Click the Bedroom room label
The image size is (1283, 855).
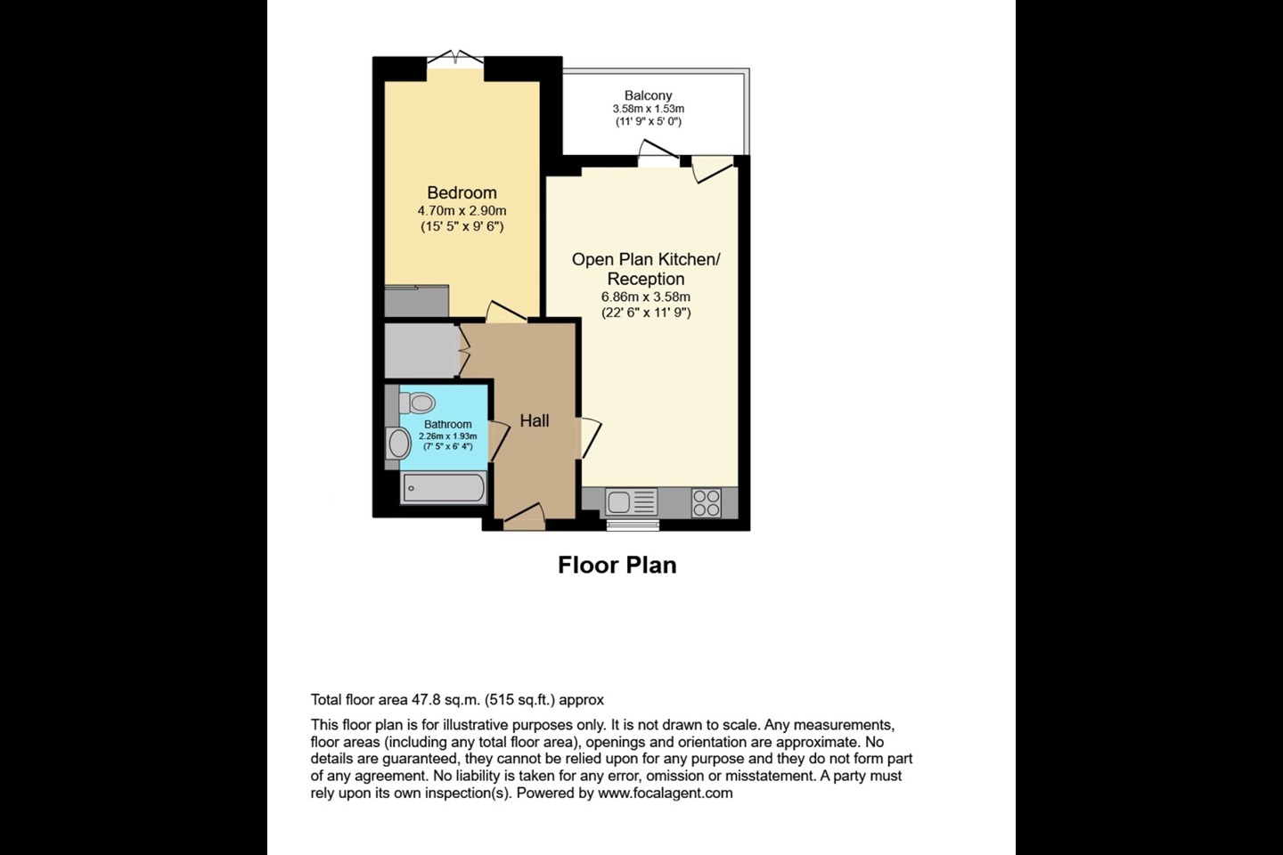coord(462,192)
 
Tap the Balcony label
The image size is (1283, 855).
coord(648,95)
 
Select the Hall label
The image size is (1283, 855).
coord(535,421)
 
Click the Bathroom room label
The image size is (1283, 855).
coord(448,424)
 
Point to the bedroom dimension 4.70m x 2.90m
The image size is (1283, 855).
coord(462,211)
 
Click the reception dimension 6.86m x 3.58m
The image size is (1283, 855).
coord(645,297)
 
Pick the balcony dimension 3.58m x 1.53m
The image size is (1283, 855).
coord(649,109)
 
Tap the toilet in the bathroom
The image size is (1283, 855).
coord(418,403)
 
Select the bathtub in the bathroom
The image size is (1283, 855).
coord(444,488)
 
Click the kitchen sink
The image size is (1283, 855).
coord(631,502)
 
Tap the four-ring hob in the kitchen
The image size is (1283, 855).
coord(707,503)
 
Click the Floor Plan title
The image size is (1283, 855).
coord(617,566)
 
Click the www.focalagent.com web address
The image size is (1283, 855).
coord(665,794)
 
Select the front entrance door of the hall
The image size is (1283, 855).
coord(524,517)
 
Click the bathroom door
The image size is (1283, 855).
coord(498,442)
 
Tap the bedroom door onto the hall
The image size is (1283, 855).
coord(506,312)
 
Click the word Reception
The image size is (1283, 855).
coord(645,279)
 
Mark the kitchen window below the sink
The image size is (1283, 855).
coord(633,525)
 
